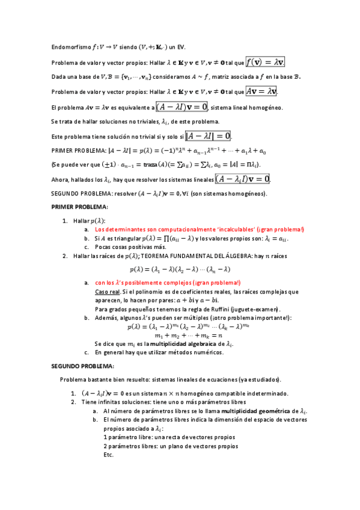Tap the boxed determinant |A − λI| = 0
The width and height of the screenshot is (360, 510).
point(208,136)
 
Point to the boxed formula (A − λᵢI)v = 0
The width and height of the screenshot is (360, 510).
point(242,179)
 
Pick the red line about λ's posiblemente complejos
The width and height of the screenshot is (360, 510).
point(168,283)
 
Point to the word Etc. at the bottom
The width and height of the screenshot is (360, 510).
point(109,455)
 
